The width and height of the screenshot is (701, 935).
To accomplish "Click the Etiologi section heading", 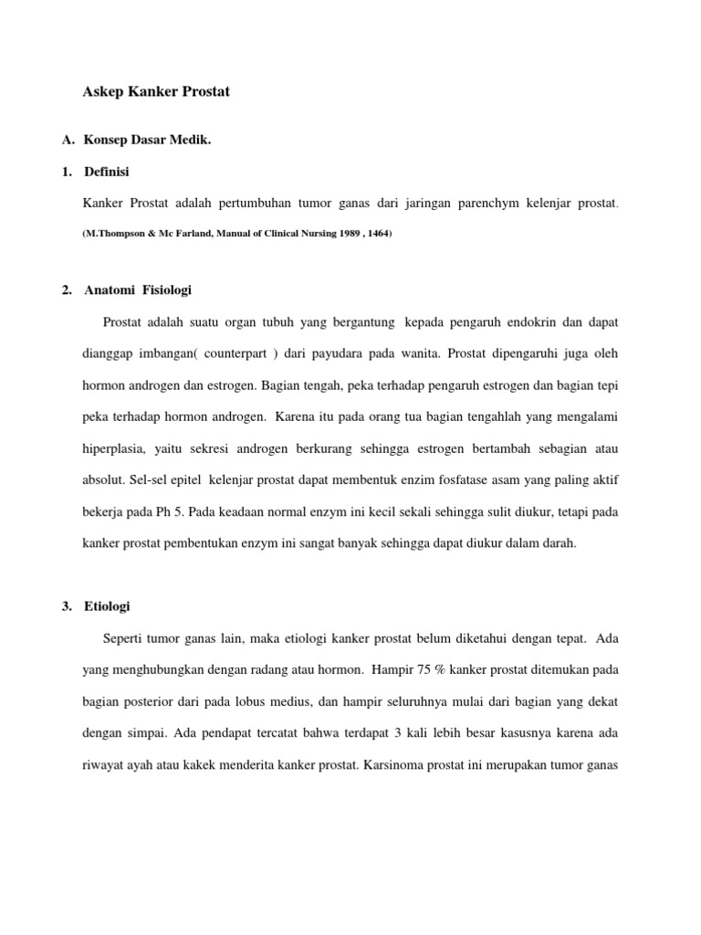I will point(108,606).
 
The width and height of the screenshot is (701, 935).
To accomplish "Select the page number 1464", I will point(375,234).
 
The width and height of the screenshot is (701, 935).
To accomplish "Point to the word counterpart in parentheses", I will point(242,352).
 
